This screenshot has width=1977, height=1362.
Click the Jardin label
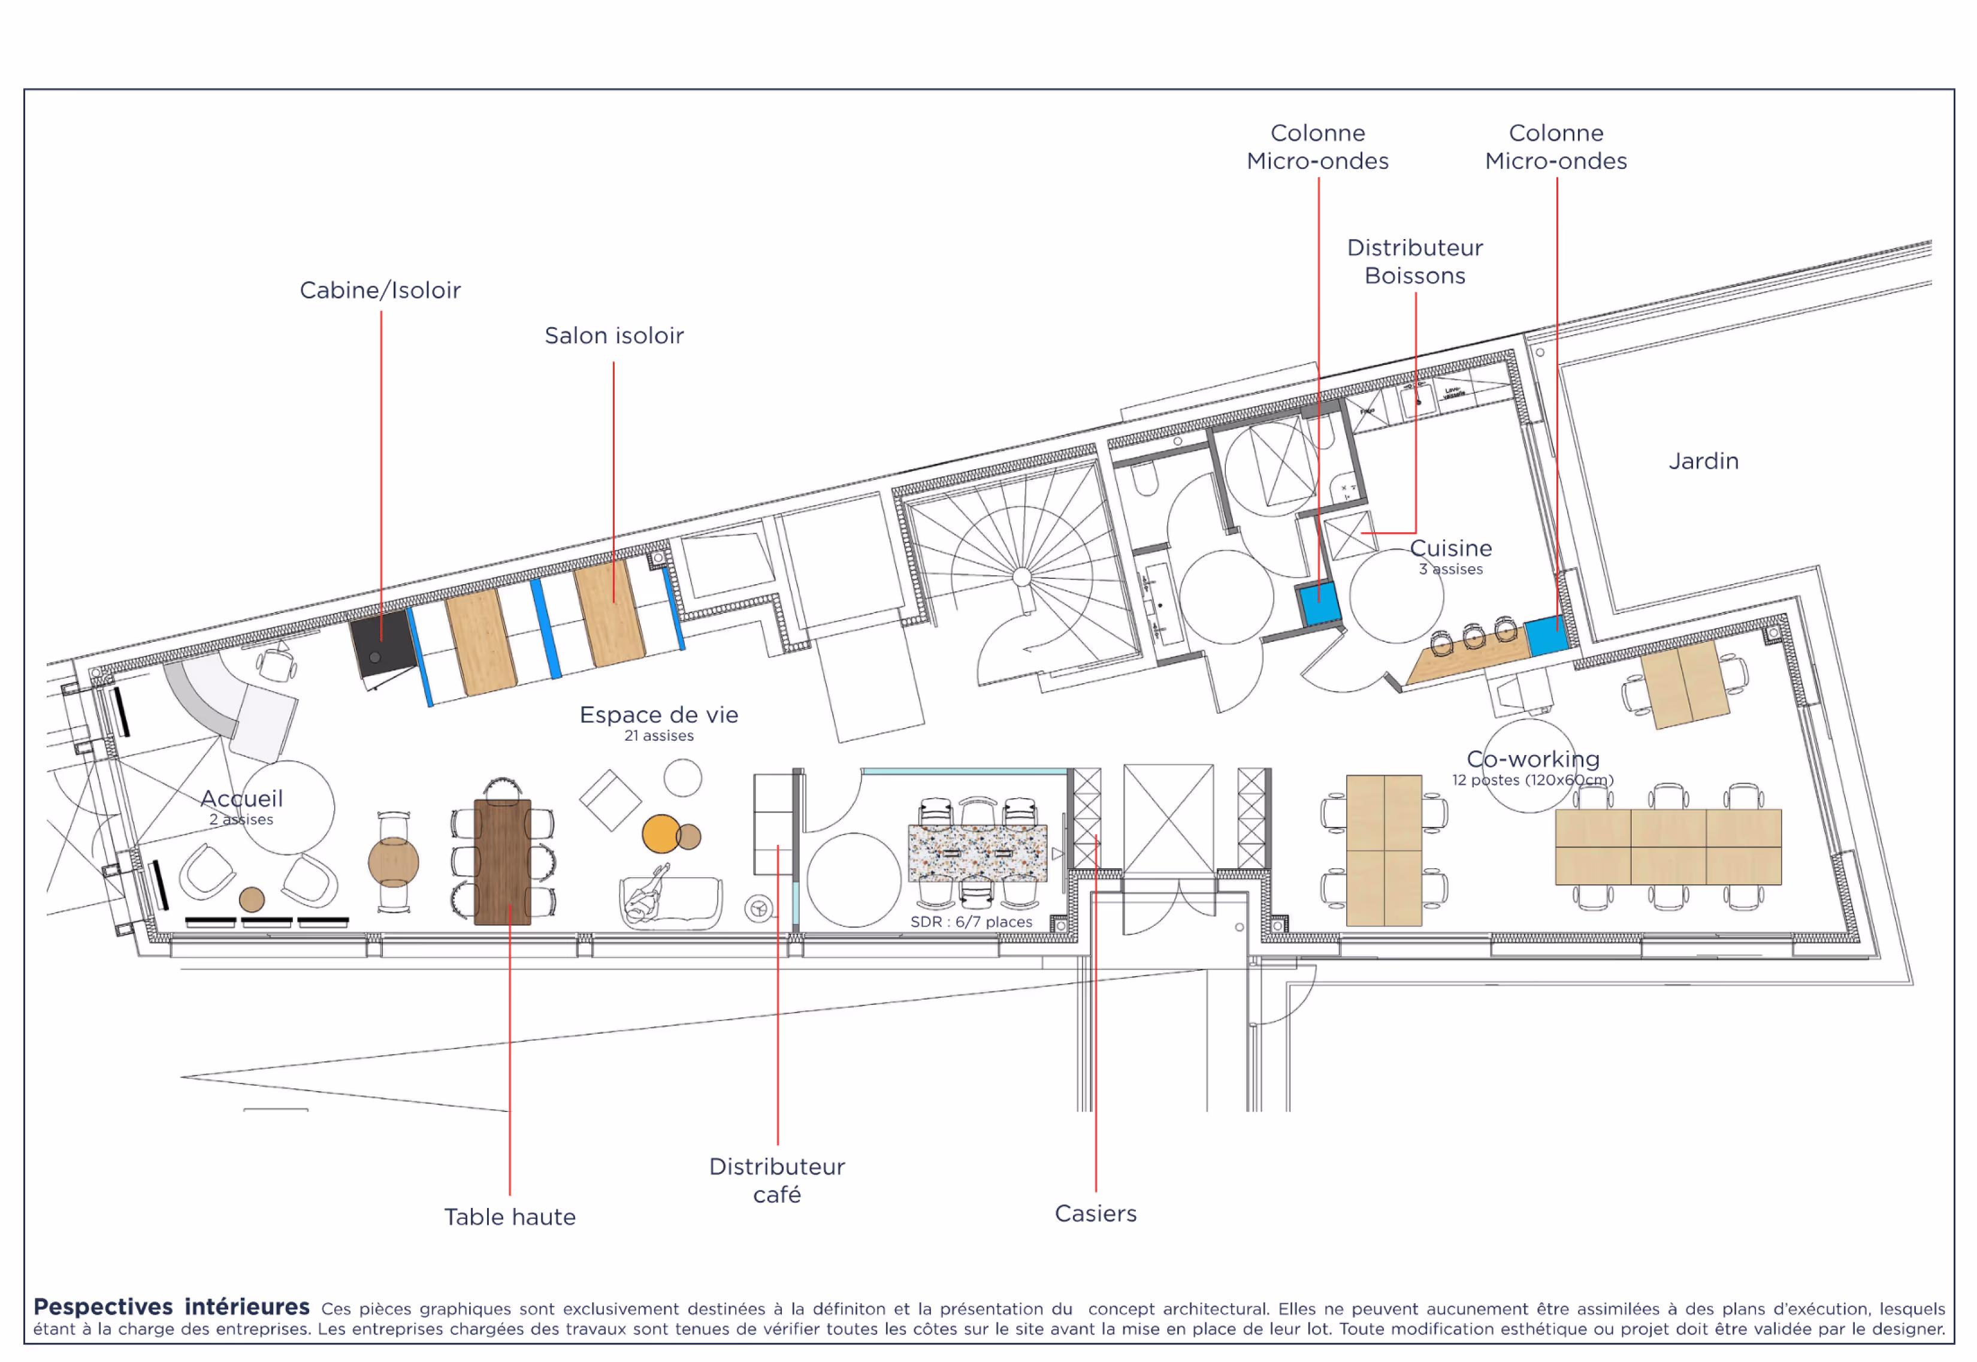tap(1703, 461)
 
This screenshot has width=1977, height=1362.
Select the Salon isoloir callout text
tap(613, 336)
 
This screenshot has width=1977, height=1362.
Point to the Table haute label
tap(509, 1217)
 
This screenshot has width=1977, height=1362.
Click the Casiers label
tap(1096, 1213)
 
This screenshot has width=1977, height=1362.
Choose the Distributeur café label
tap(776, 1180)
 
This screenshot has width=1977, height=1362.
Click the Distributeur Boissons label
tap(1414, 262)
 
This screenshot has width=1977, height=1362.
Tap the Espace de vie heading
tap(659, 715)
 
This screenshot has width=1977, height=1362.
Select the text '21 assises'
tap(659, 736)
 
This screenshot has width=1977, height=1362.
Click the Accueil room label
tap(241, 799)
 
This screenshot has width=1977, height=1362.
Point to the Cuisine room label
tap(1450, 549)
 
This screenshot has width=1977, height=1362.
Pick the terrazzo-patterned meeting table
tap(977, 853)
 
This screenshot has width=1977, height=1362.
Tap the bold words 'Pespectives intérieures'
tap(171, 1307)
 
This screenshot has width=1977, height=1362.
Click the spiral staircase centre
tap(1021, 577)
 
